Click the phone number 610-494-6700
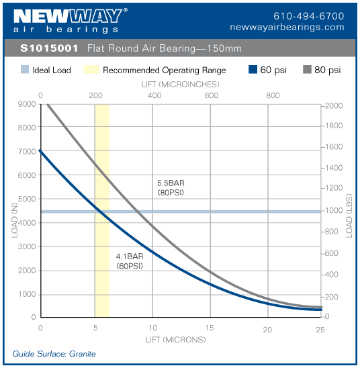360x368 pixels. [x=309, y=15]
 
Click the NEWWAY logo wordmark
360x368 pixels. [x=66, y=16]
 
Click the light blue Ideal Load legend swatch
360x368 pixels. [x=24, y=70]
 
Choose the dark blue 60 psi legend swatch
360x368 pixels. [x=253, y=70]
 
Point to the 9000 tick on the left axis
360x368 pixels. [x=27, y=104]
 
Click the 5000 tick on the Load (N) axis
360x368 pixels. [x=27, y=199]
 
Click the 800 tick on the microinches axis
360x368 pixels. [x=273, y=95]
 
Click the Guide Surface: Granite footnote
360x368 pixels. [x=54, y=354]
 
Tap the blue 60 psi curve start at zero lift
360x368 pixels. [x=42, y=152]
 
